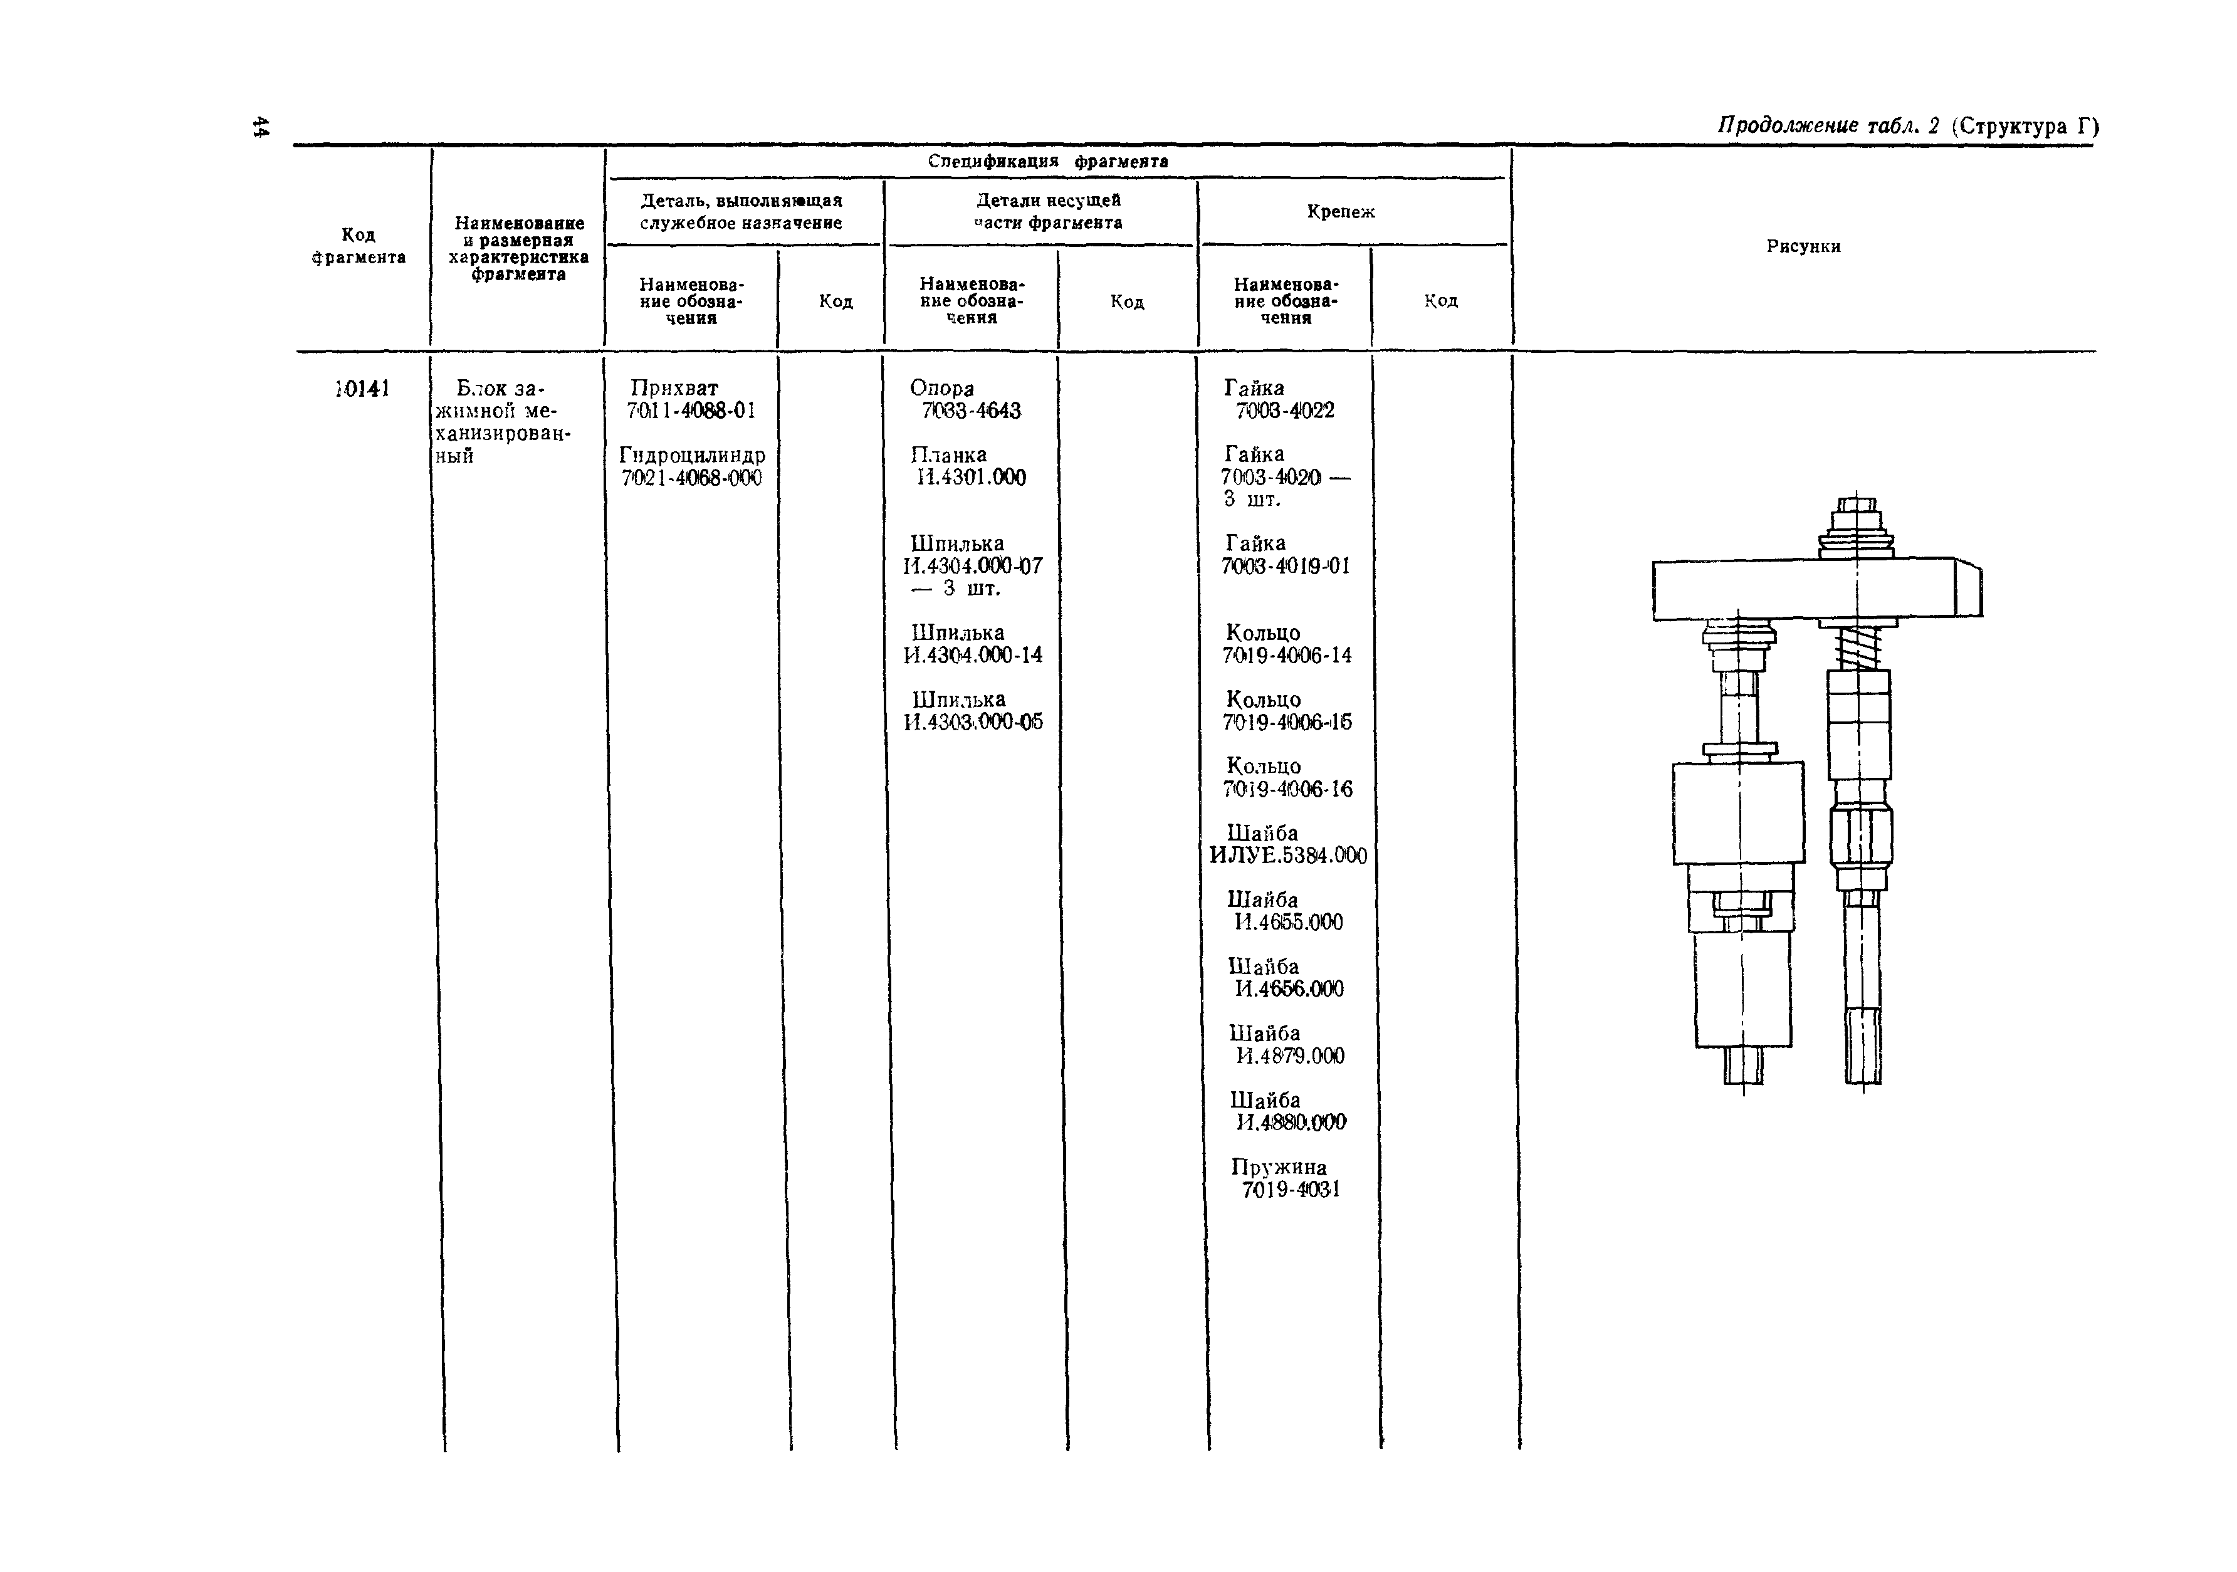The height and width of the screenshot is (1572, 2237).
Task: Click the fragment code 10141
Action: (362, 389)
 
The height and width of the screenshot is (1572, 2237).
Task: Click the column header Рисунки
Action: (1803, 246)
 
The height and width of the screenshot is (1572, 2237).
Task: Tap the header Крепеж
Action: (1341, 211)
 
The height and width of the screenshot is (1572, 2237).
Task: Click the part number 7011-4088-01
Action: (691, 411)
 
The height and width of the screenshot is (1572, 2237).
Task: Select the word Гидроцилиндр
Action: (692, 455)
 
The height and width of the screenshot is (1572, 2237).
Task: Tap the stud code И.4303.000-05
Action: (973, 722)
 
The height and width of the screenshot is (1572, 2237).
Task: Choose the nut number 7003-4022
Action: (1285, 411)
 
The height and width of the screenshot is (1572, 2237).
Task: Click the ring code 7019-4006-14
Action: (1287, 655)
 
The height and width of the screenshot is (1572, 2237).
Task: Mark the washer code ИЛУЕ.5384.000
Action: (1288, 856)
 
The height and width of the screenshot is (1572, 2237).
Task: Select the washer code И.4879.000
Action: (1290, 1056)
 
